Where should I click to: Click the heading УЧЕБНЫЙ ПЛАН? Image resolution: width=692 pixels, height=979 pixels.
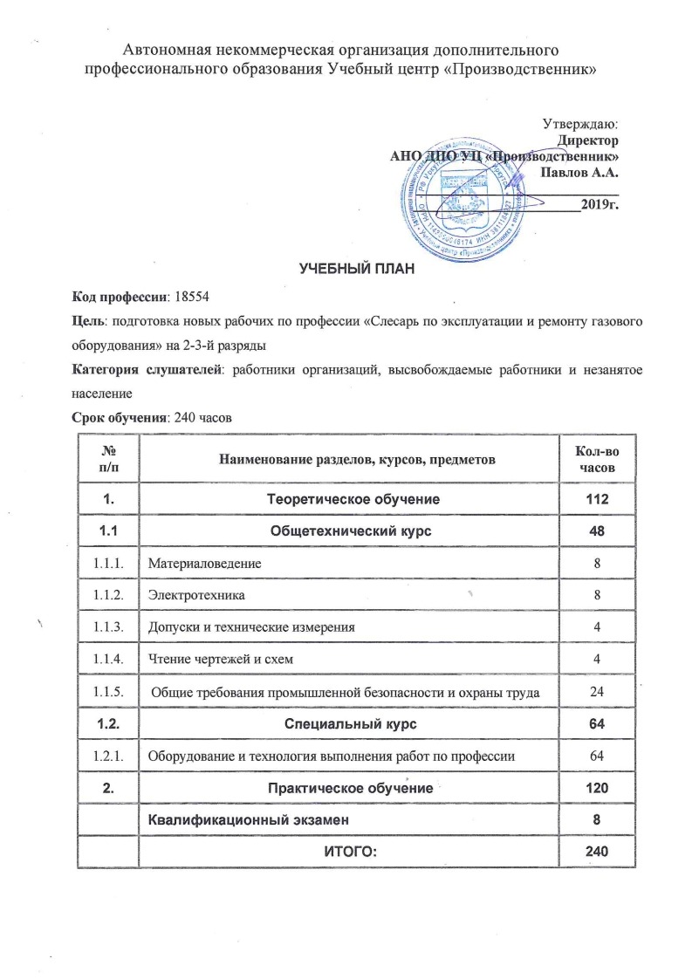346,266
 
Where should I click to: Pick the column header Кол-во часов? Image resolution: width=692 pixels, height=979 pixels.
598,459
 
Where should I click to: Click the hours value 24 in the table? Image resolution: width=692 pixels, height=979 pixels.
598,692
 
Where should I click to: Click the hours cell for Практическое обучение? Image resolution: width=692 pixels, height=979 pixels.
598,788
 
